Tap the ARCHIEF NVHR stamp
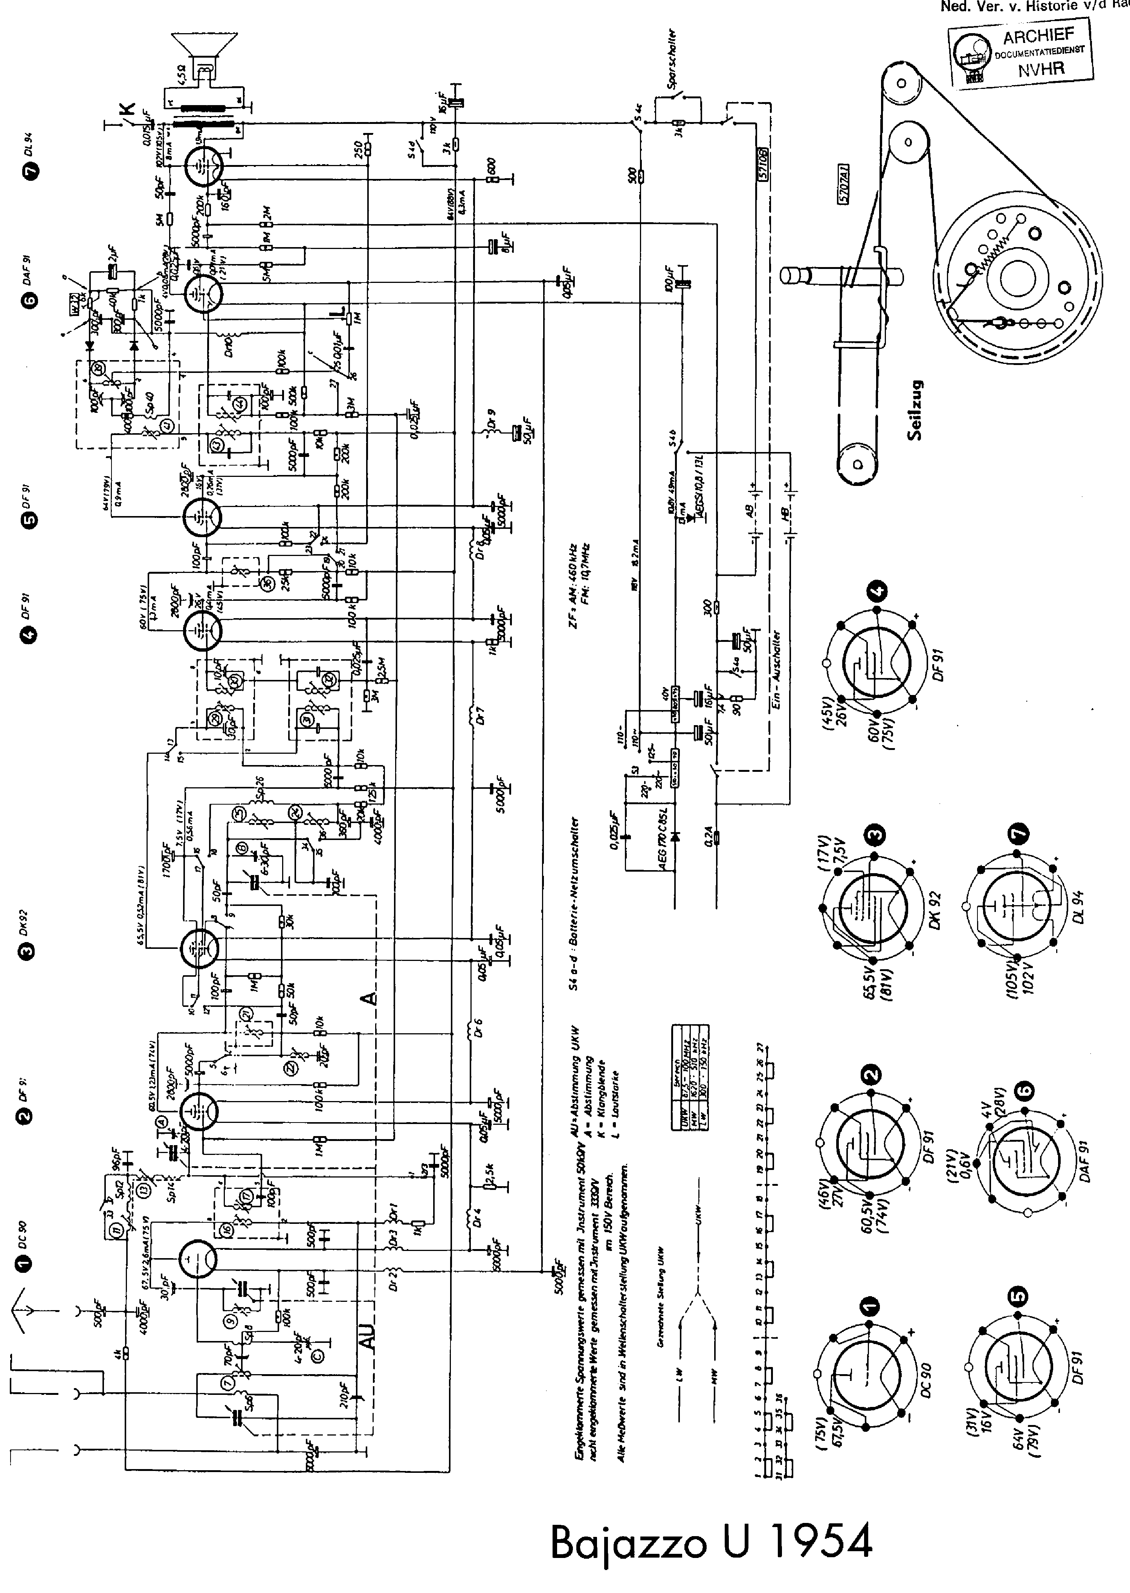point(1021,57)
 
